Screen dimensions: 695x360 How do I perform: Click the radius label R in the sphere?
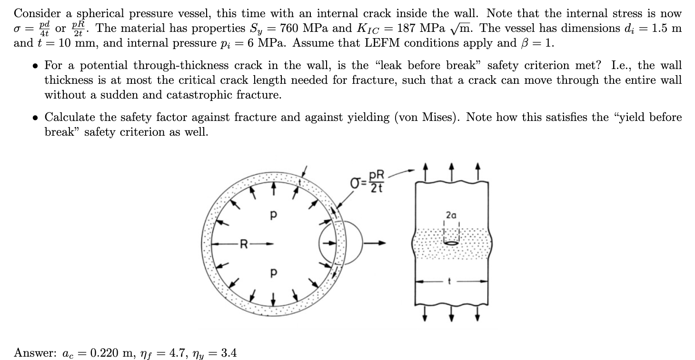pyautogui.click(x=244, y=244)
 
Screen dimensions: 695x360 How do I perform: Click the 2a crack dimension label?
pyautogui.click(x=451, y=215)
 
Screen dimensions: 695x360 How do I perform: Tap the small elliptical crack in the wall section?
pyautogui.click(x=451, y=243)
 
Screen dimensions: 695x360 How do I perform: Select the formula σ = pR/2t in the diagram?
pyautogui.click(x=367, y=181)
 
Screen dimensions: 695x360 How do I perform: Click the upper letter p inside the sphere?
pyautogui.click(x=273, y=215)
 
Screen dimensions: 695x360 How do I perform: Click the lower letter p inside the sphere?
pyautogui.click(x=273, y=273)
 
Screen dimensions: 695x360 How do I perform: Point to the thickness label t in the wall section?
pyautogui.click(x=449, y=281)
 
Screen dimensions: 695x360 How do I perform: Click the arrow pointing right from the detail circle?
pyautogui.click(x=375, y=243)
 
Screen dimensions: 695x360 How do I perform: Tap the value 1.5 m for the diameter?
pyautogui.click(x=666, y=28)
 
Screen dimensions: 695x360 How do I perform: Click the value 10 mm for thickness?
pyautogui.click(x=78, y=43)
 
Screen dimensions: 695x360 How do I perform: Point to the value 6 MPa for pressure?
pyautogui.click(x=266, y=43)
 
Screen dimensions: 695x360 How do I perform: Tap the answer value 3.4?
pyautogui.click(x=229, y=352)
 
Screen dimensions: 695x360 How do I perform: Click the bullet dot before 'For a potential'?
pyautogui.click(x=36, y=66)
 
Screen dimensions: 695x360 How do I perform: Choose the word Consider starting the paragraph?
pyautogui.click(x=37, y=13)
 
